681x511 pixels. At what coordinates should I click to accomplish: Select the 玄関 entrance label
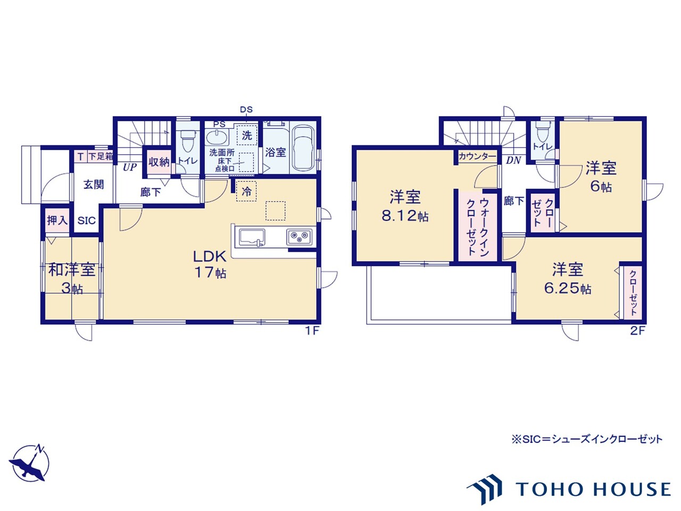click(94, 185)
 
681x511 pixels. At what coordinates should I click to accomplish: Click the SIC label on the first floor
click(87, 220)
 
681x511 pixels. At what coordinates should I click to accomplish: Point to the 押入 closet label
click(57, 220)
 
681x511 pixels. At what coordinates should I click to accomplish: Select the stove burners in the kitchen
click(299, 236)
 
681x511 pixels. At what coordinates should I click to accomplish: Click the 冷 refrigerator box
click(246, 191)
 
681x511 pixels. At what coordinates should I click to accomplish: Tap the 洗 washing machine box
click(247, 135)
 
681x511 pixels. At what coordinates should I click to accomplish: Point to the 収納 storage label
click(159, 162)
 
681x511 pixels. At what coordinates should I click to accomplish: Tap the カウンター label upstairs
click(477, 156)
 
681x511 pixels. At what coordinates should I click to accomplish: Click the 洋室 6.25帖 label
click(568, 278)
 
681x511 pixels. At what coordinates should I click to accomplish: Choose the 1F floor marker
click(311, 331)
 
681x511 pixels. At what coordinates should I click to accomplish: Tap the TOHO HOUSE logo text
click(593, 489)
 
